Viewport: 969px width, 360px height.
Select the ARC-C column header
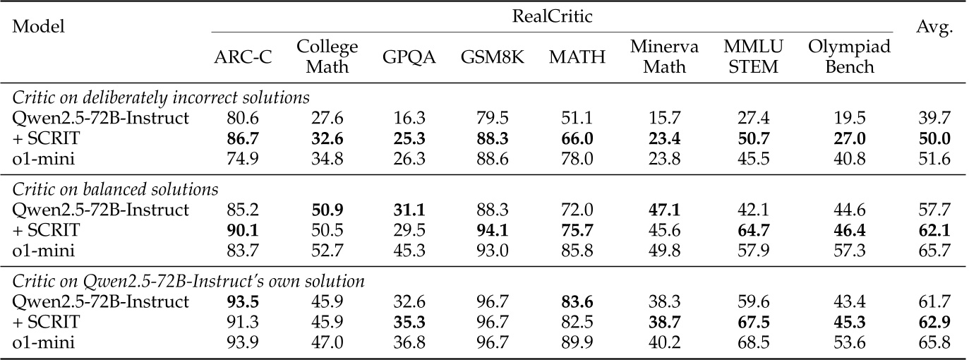pos(242,57)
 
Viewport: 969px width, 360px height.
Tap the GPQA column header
pos(409,57)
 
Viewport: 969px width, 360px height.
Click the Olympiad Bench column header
pos(849,57)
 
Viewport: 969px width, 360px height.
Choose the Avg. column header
pos(935,28)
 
